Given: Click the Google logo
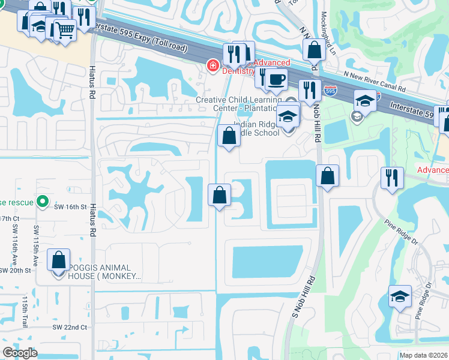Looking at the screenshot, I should coord(20,353).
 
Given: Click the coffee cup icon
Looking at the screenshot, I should coord(276,79).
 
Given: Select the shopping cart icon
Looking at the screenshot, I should coord(65,28).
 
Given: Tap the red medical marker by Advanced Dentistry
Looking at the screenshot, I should coord(211,65).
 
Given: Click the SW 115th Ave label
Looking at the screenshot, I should coord(36,247).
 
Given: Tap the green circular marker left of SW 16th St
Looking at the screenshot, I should coord(43,201).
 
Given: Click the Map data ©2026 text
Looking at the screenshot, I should coord(423,355).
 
